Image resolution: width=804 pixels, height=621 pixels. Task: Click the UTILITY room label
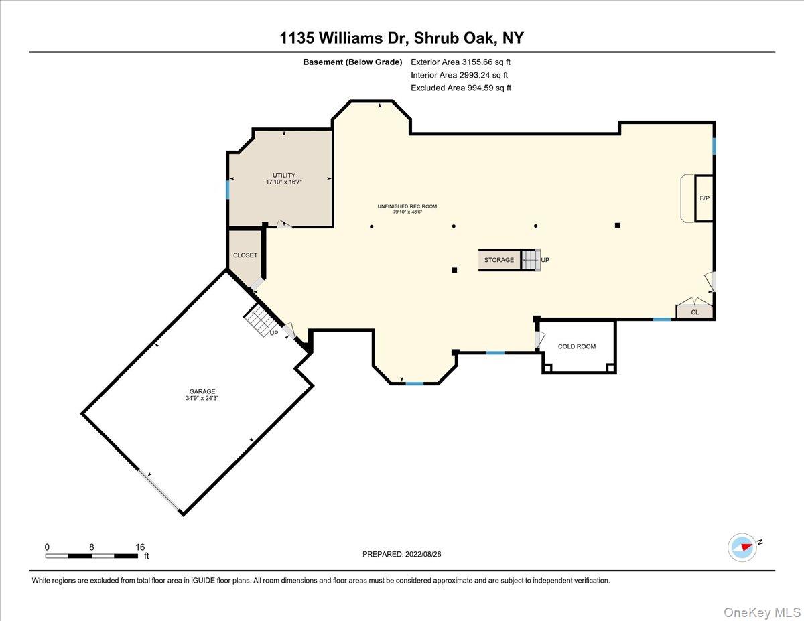[x=283, y=175]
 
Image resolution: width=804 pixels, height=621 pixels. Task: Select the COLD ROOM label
[x=576, y=346]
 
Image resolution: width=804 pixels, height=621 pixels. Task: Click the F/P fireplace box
[x=704, y=198]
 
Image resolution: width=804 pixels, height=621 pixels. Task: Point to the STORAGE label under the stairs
[x=499, y=260]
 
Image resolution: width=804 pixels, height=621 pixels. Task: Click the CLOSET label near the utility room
[x=245, y=255]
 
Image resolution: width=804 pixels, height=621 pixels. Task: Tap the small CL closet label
[x=694, y=312]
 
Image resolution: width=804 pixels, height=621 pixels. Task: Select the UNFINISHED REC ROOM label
[x=407, y=206]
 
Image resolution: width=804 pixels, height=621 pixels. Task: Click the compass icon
[x=742, y=547]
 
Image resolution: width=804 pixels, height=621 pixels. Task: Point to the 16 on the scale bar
[x=139, y=547]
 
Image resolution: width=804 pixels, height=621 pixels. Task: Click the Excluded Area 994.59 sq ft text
[x=461, y=88]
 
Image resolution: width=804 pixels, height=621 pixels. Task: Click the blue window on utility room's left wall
[x=228, y=190]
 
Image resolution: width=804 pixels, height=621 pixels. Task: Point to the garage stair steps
[x=258, y=319]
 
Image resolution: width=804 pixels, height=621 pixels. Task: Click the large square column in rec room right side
[x=618, y=226]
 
